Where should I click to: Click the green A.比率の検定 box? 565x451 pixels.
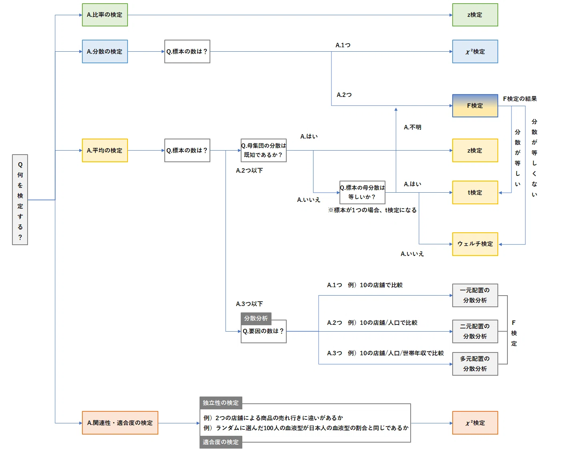[105, 15]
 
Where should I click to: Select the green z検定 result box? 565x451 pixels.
[475, 15]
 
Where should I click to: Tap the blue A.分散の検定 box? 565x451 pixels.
[105, 51]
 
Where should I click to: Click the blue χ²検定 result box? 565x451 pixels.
[475, 51]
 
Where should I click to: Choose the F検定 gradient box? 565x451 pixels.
[475, 105]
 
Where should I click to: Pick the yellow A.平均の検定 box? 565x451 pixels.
[105, 150]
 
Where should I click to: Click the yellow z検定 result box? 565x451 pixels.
[475, 150]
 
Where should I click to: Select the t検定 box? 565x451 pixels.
[475, 192]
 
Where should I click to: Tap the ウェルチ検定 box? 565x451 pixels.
[475, 244]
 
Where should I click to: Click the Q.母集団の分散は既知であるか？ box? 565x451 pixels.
[264, 150]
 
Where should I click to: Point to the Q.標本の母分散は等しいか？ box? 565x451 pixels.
[362, 192]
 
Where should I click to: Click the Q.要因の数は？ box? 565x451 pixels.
[264, 331]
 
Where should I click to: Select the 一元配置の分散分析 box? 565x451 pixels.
[475, 295]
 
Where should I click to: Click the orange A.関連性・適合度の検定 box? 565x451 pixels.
[120, 423]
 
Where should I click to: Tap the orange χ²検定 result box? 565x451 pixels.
[475, 423]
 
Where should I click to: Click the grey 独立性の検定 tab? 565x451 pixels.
[221, 403]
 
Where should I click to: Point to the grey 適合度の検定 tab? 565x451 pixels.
[221, 442]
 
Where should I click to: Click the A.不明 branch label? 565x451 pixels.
[412, 127]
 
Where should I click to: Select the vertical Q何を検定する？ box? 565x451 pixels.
[20, 199]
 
